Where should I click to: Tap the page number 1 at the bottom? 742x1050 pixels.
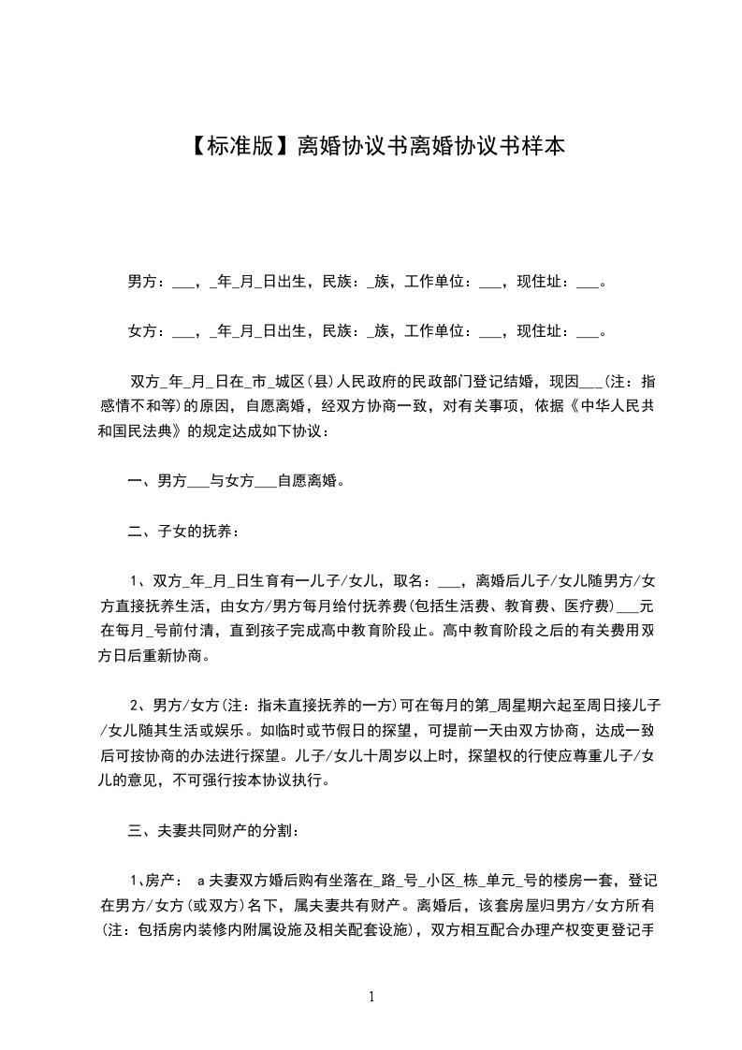coord(371,997)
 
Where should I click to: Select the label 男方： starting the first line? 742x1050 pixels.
coord(146,281)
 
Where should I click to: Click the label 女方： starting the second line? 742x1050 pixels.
coord(146,330)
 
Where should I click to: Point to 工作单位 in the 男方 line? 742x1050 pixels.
coord(434,281)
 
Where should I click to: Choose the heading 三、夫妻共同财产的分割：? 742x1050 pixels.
coord(213,830)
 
